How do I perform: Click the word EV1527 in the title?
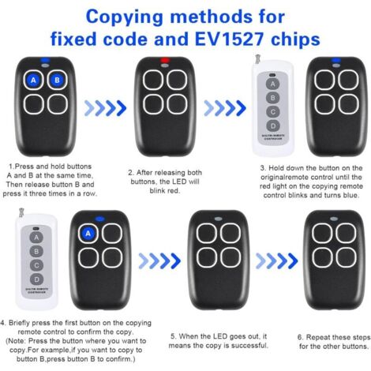(229, 39)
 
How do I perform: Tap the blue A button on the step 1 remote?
(33, 80)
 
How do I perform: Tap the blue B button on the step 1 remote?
(57, 80)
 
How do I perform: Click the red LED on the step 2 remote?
(165, 60)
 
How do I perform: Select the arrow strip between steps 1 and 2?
(105, 108)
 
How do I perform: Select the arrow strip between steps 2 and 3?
(225, 108)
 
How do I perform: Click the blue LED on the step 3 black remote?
(336, 60)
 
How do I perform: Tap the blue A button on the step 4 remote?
(88, 234)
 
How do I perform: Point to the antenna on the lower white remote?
(21, 213)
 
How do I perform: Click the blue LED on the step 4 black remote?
(99, 219)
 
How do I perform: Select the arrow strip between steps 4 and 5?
(159, 260)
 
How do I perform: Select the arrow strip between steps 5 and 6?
(276, 260)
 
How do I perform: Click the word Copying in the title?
(125, 17)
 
